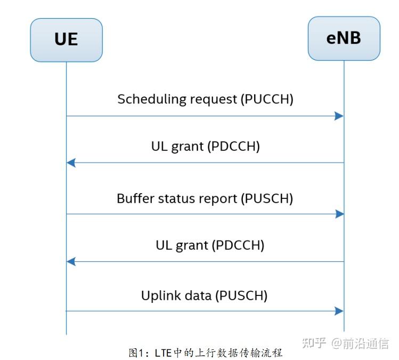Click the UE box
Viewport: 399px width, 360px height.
(x=66, y=39)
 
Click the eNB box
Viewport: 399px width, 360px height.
(x=344, y=38)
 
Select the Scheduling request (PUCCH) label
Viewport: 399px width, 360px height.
(x=205, y=99)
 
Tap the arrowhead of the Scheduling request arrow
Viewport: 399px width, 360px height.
(x=339, y=116)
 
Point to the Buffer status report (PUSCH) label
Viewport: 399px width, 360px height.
(x=205, y=198)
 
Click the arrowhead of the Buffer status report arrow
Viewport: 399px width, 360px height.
(x=339, y=214)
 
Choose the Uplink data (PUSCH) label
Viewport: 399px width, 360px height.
(x=204, y=295)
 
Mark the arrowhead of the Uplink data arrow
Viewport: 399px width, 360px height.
(x=339, y=311)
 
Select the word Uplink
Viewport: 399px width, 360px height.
(x=159, y=295)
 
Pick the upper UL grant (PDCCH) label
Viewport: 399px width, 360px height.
(x=205, y=146)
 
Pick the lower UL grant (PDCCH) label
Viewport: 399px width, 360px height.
(x=210, y=245)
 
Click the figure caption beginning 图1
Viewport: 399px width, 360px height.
(x=205, y=353)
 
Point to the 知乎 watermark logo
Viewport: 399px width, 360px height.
(x=314, y=342)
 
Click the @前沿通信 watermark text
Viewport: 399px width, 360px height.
(x=360, y=343)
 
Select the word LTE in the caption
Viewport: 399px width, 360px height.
(x=161, y=353)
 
